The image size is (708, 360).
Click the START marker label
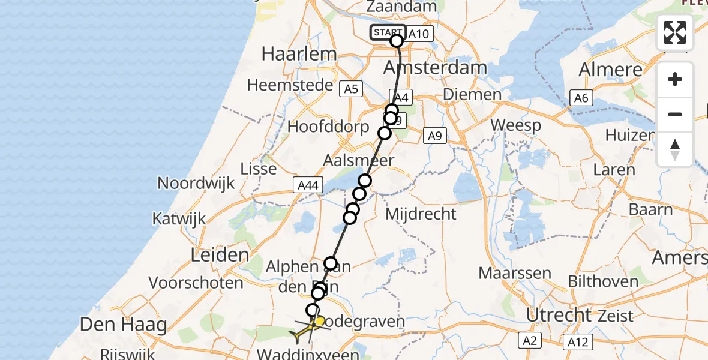388,32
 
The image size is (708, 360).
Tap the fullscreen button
675,32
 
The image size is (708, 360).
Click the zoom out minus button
675,114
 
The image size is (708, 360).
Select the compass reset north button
675,149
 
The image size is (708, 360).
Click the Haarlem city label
299,55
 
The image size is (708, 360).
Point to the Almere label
610,70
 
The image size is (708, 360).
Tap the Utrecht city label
557,314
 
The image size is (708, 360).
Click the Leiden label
220,254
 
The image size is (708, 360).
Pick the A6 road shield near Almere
581,98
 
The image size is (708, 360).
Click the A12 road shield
578,342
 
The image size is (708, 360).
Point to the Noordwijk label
196,183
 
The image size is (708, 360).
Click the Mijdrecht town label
421,214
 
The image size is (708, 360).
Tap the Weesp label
515,125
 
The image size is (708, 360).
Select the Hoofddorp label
328,127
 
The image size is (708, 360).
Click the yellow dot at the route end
320,322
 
